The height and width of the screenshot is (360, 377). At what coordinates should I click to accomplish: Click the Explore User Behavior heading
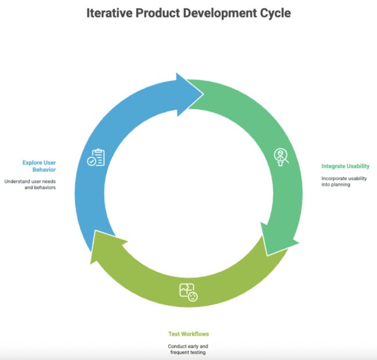click(39, 167)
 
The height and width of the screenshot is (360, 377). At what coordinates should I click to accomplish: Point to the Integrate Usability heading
click(345, 166)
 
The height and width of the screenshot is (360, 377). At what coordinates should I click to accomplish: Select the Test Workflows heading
click(188, 334)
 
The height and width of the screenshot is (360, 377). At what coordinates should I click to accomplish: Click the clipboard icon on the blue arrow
click(96, 158)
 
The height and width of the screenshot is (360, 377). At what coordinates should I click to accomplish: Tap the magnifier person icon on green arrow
click(281, 157)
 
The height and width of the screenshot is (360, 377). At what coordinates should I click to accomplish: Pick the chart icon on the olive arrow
click(188, 291)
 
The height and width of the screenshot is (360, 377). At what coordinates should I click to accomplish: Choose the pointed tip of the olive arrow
click(91, 251)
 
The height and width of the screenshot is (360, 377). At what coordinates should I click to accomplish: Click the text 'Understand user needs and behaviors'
click(30, 185)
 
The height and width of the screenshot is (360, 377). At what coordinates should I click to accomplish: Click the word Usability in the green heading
click(357, 166)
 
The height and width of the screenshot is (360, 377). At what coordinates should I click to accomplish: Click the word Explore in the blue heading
click(34, 163)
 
